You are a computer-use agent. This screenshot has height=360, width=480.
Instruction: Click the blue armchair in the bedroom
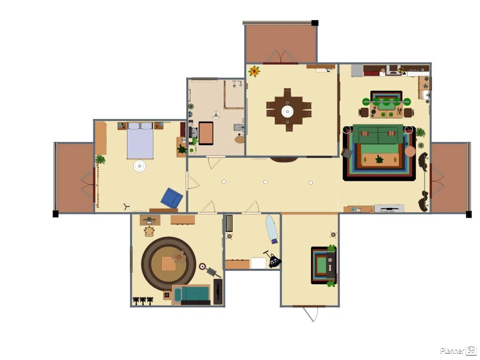tap(172, 198)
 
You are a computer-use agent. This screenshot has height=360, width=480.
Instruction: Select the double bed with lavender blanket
tap(140, 140)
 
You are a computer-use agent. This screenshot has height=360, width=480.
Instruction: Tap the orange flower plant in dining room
tap(254, 71)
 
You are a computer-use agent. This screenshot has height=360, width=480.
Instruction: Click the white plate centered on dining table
tap(287, 111)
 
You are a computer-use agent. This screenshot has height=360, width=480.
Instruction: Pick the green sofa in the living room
tap(378, 134)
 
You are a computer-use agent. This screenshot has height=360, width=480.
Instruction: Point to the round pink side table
tap(410, 151)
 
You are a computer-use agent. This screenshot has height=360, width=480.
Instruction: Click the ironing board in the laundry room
tap(271, 229)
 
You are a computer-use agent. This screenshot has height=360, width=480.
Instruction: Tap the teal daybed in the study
tap(191, 294)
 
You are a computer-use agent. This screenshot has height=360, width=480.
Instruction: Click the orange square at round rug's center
tap(169, 263)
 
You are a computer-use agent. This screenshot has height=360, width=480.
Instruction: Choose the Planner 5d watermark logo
tap(458, 350)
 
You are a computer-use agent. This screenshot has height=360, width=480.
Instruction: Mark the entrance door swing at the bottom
tap(310, 314)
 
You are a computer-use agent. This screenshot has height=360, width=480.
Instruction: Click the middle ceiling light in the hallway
tap(266, 182)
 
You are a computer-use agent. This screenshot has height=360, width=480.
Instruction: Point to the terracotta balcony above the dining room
tap(281, 44)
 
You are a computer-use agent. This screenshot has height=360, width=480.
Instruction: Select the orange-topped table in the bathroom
tap(206, 133)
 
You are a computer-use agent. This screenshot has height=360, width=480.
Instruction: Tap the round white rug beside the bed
tap(140, 166)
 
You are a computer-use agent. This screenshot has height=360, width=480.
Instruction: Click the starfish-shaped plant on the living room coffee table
tap(379, 159)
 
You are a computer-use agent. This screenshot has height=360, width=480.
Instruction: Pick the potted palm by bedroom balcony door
tap(100, 159)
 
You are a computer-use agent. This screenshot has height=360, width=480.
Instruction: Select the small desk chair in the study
tap(149, 231)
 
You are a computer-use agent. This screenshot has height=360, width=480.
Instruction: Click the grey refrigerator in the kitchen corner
tap(357, 70)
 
